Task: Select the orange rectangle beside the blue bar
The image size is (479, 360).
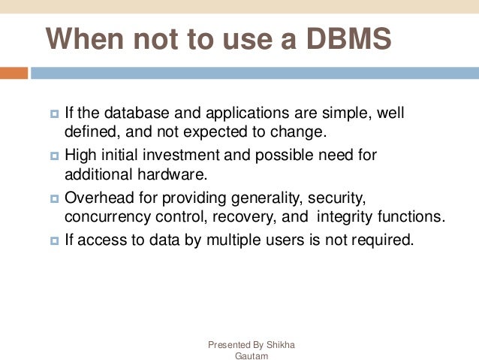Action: [14, 73]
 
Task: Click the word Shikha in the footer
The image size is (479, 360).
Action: [281, 345]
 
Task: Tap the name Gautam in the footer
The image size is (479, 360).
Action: [251, 355]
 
